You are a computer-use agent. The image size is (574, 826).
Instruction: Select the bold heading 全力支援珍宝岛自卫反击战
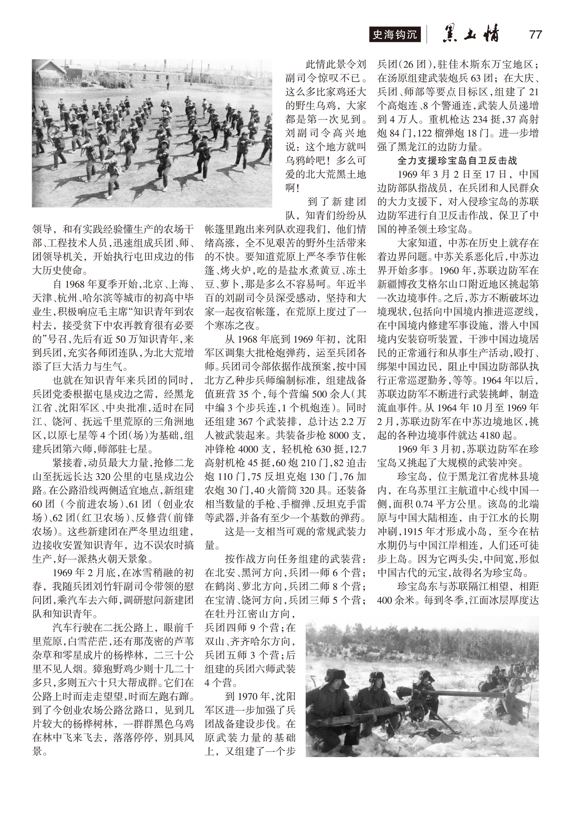457,160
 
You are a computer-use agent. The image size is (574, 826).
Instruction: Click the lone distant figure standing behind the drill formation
168,85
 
